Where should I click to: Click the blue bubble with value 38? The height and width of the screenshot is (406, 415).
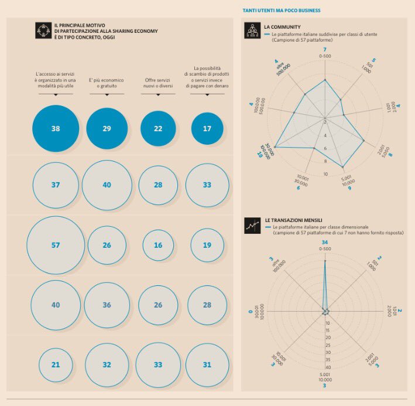56,128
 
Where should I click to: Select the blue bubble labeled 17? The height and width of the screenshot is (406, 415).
207,128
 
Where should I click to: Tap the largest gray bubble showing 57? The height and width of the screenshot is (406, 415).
56,245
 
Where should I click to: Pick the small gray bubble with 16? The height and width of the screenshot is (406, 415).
158,245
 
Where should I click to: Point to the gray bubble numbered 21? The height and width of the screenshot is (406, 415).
56,364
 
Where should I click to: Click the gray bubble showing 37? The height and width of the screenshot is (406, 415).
56,185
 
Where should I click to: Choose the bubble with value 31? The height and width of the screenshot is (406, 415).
207,364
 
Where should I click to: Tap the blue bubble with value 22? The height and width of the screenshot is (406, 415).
158,128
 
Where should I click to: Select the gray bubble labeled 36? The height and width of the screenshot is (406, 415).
107,305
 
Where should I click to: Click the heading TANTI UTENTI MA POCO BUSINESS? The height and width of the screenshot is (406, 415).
282,11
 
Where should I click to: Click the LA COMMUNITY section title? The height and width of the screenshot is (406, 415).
282,27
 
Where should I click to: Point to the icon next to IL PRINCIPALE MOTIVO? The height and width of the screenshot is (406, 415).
43,30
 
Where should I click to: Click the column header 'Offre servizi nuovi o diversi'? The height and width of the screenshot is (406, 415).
158,83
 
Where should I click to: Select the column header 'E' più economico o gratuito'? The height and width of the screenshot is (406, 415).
107,83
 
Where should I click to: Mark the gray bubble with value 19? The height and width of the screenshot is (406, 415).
207,245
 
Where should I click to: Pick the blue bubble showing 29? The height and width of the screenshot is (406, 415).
107,128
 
